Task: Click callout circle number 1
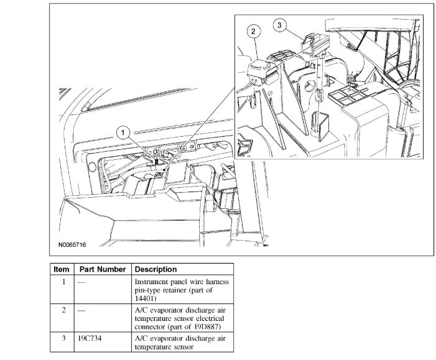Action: [124, 132]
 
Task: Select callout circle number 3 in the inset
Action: [280, 25]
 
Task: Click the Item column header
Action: [62, 269]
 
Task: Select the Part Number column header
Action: [103, 269]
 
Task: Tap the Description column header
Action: [155, 269]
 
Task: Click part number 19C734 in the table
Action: [90, 338]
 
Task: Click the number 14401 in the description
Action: [146, 298]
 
